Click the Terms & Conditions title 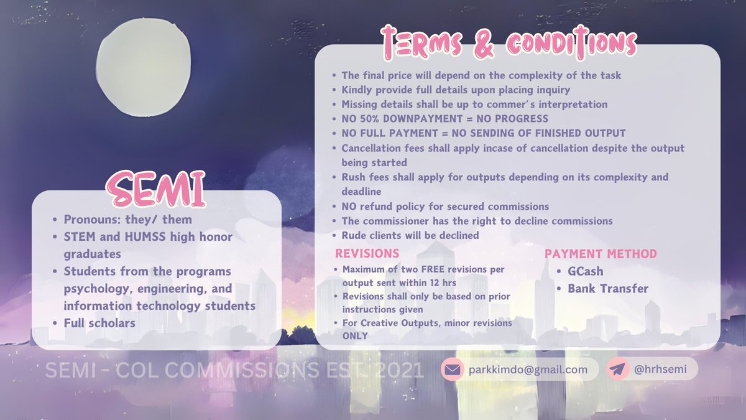click(x=509, y=43)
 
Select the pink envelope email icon click(x=453, y=370)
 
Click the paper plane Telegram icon click(x=618, y=370)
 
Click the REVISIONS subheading click(x=367, y=254)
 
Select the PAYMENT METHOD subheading click(x=601, y=254)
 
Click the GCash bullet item click(x=585, y=271)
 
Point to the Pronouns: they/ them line click(x=127, y=219)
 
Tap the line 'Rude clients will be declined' click(x=410, y=235)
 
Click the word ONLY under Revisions click(x=355, y=336)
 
